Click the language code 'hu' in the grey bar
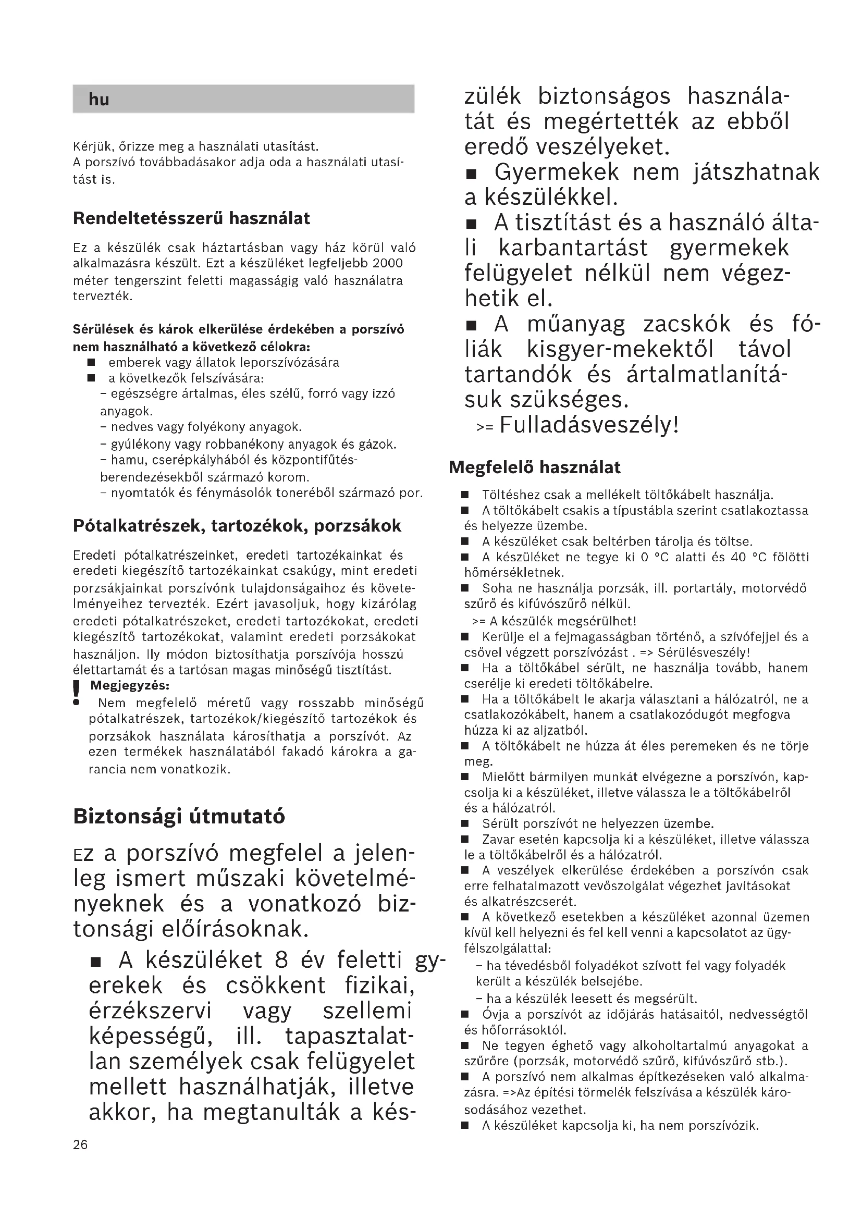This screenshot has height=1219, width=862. tap(98, 100)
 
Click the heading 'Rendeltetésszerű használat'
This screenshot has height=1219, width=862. tap(191, 218)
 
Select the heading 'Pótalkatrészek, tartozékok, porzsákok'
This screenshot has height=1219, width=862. tap(237, 526)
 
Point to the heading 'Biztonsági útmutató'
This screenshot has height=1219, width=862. tap(179, 816)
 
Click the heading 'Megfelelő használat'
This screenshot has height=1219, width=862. tap(535, 467)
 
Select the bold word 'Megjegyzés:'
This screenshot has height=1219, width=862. tap(130, 685)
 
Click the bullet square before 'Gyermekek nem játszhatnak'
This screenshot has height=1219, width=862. tap(472, 174)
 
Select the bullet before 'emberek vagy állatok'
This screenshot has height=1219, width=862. tap(91, 363)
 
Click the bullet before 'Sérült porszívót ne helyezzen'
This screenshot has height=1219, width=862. tap(465, 824)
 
